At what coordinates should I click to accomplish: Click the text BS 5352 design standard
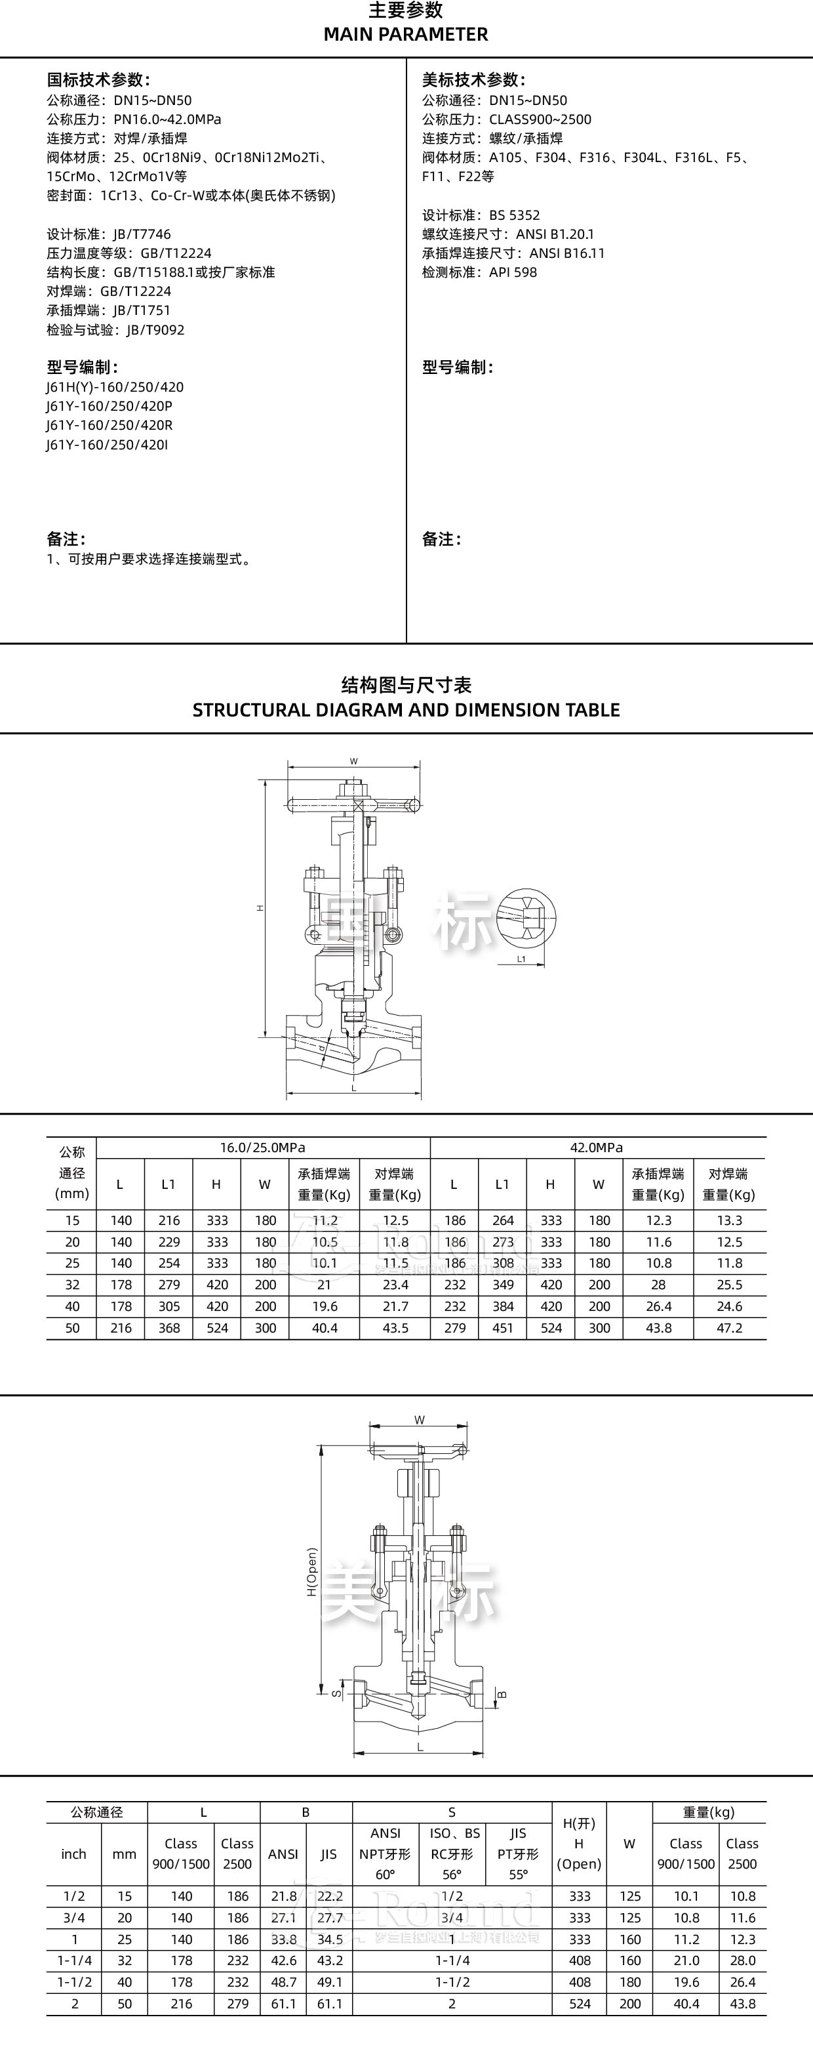point(514,215)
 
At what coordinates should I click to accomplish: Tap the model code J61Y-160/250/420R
point(109,425)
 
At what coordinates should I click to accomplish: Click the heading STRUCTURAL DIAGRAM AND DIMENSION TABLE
point(405,710)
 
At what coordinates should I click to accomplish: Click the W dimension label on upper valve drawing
point(353,761)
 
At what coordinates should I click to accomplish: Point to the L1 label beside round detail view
point(521,959)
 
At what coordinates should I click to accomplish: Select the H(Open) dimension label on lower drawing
point(312,1571)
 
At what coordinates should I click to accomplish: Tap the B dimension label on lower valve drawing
point(503,1695)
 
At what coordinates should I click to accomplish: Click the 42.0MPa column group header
point(596,1148)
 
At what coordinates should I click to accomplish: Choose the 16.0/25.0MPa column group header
point(262,1148)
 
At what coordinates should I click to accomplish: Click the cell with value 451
point(503,1328)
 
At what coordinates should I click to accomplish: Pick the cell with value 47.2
point(729,1328)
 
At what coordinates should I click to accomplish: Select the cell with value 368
point(169,1328)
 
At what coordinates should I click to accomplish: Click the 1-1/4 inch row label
point(74,1960)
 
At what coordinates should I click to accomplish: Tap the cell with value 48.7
point(283,1982)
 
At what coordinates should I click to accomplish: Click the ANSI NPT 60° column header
point(385,1854)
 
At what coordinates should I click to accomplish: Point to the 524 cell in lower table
point(579,2004)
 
